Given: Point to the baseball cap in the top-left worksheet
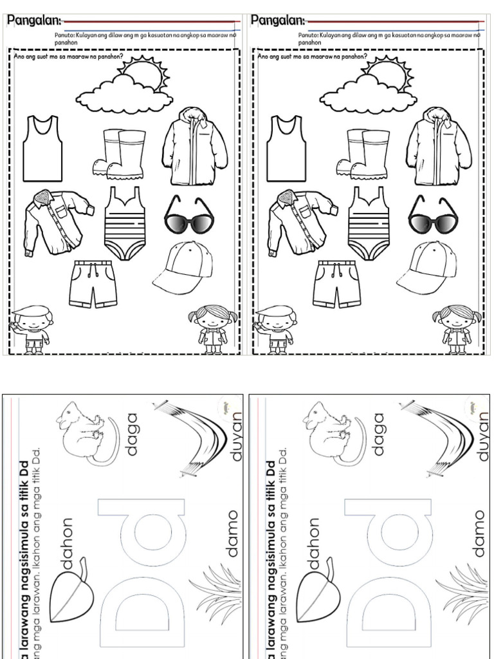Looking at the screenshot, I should pos(184,267).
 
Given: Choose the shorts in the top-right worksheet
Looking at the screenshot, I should pos(337,284).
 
